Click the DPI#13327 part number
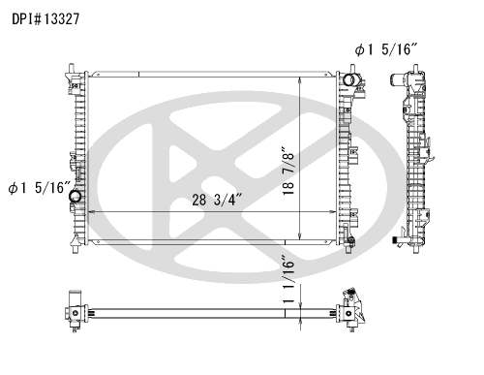(45, 19)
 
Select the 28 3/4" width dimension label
(217, 200)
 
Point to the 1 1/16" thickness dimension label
(288, 279)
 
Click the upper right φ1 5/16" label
(386, 49)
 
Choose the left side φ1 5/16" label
(39, 188)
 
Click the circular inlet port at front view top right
(348, 79)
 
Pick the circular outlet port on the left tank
(76, 196)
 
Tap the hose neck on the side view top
(396, 79)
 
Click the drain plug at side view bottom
(396, 240)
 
